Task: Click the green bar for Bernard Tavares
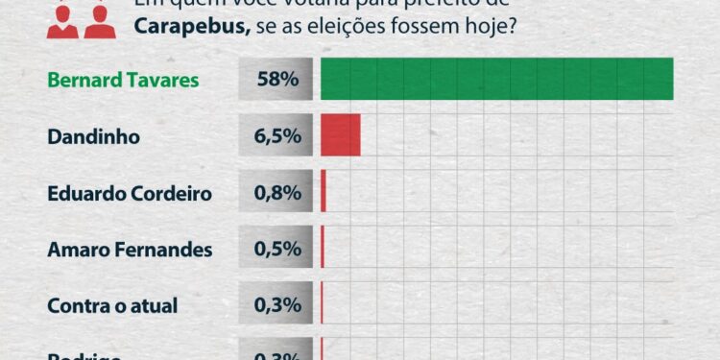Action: pos(496,79)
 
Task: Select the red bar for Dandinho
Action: pos(341,135)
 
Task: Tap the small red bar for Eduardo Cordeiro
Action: pos(324,192)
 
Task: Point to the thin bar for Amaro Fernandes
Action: pos(323,250)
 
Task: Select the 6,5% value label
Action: pos(278,136)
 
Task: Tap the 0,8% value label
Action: pos(278,193)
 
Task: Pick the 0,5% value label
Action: pos(278,250)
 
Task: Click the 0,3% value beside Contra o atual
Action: pos(278,306)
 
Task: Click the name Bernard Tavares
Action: pos(123,80)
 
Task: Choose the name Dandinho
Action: pos(94,136)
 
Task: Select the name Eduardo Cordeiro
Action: pos(130,193)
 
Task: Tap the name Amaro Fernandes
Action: pos(130,250)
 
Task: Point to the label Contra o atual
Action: pos(112,306)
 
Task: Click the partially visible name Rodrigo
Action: pos(84,354)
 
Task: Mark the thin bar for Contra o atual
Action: pos(322,306)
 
